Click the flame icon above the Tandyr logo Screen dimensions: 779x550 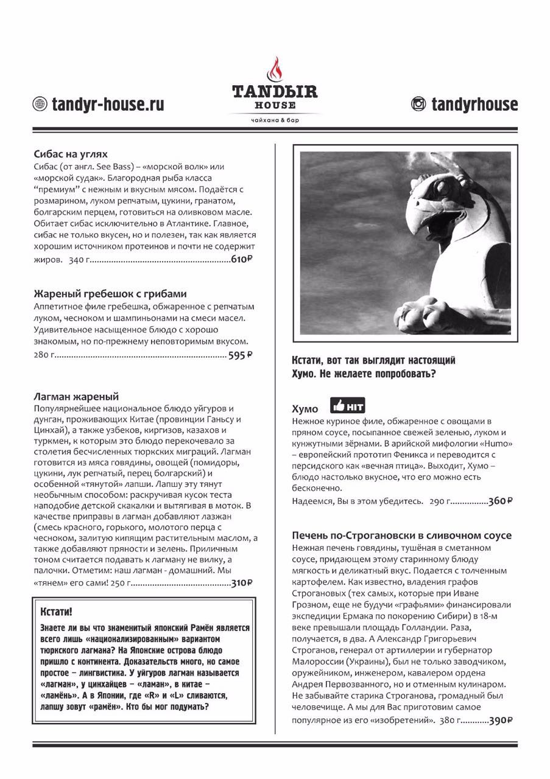[x=275, y=69]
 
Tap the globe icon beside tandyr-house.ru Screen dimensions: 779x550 [x=40, y=104]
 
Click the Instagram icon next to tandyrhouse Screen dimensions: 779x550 [x=418, y=104]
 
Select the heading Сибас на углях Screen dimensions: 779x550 [x=71, y=154]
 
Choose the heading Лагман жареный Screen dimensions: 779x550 [x=76, y=396]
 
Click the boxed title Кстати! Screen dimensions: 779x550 [x=55, y=610]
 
